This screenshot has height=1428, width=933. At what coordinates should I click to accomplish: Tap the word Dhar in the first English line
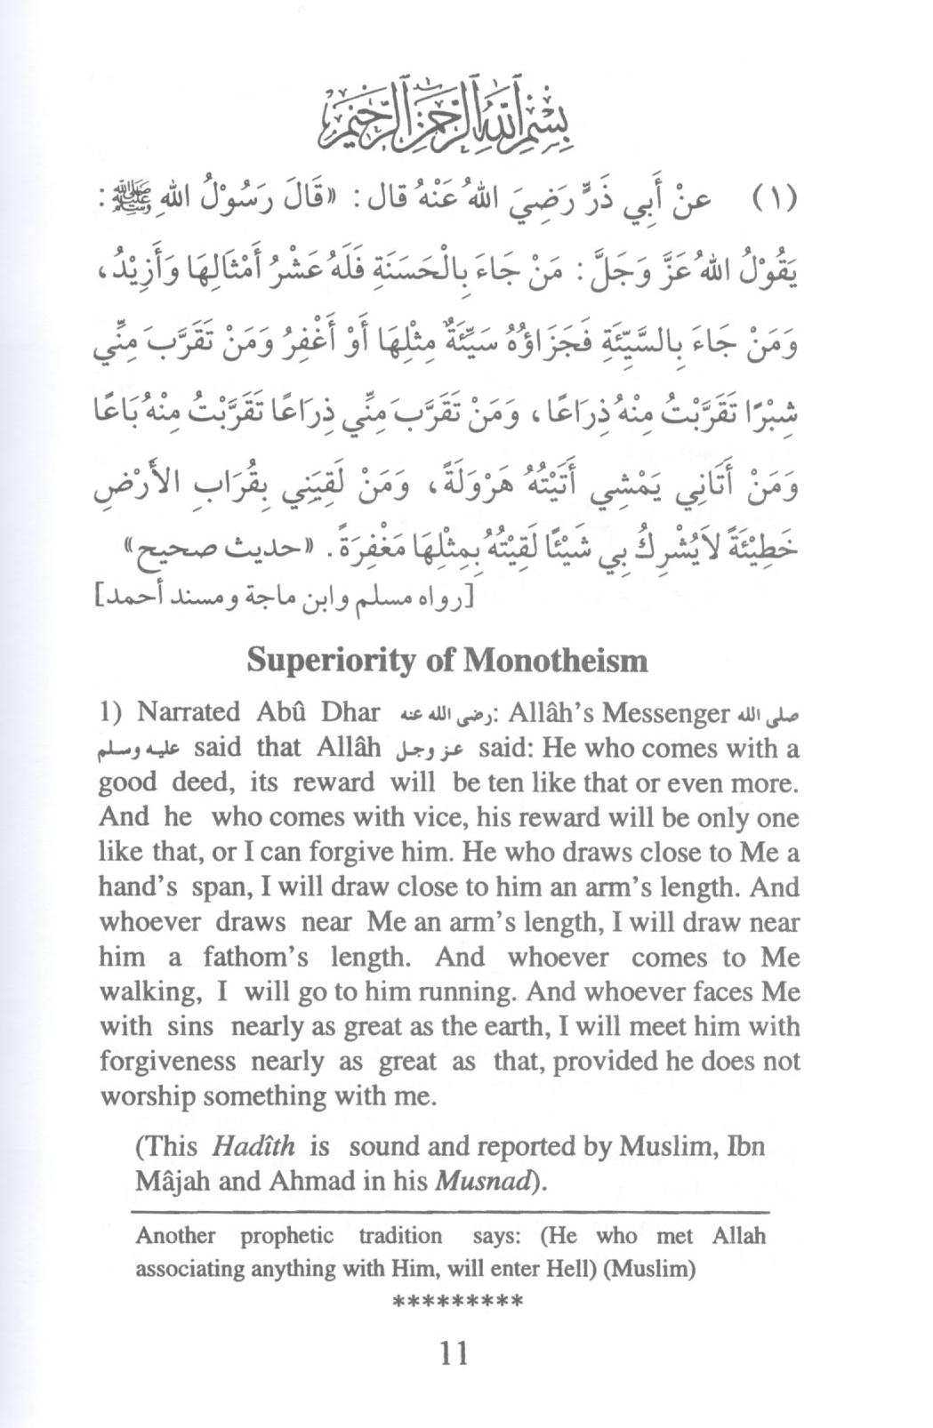[350, 713]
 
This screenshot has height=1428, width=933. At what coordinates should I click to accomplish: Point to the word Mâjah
[166, 1182]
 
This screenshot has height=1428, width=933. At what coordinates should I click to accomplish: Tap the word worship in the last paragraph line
[148, 1096]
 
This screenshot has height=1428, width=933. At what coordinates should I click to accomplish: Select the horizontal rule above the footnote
[449, 1212]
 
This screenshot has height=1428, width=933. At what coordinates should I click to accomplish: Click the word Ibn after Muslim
[744, 1146]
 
